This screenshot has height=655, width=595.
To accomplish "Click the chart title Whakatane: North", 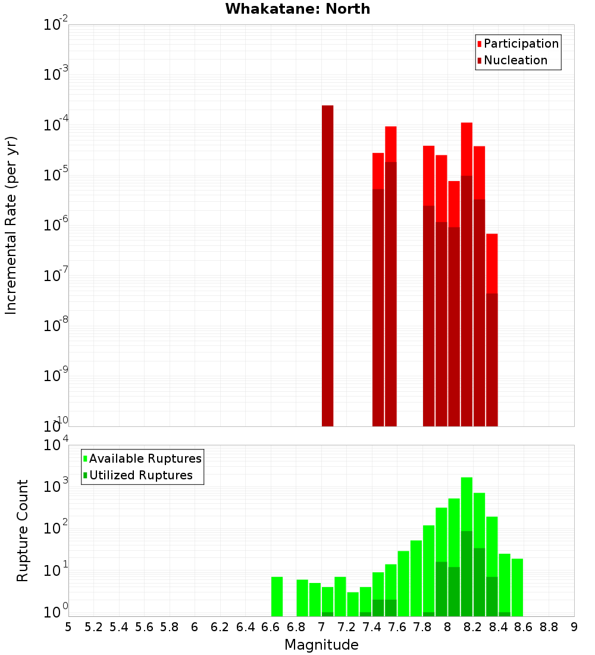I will pos(297,9).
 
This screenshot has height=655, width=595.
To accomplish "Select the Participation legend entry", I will pos(521,43).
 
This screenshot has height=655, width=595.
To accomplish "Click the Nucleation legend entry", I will pos(515,60).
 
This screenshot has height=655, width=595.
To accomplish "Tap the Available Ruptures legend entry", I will pos(145,458).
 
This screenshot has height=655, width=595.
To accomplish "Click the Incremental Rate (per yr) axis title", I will pos(11,225).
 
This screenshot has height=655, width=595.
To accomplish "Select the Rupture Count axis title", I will pos(23,531).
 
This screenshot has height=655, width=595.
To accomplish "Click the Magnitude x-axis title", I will pos(321,645).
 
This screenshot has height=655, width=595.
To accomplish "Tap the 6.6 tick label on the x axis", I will pos(271,627).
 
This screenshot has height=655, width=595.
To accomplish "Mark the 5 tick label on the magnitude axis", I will pos(68,627).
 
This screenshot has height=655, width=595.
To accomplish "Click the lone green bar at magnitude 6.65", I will pos(277,596).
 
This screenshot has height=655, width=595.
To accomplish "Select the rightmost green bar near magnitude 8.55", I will pos(517,587).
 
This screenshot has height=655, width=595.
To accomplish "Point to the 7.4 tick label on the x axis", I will pos(372,627).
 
